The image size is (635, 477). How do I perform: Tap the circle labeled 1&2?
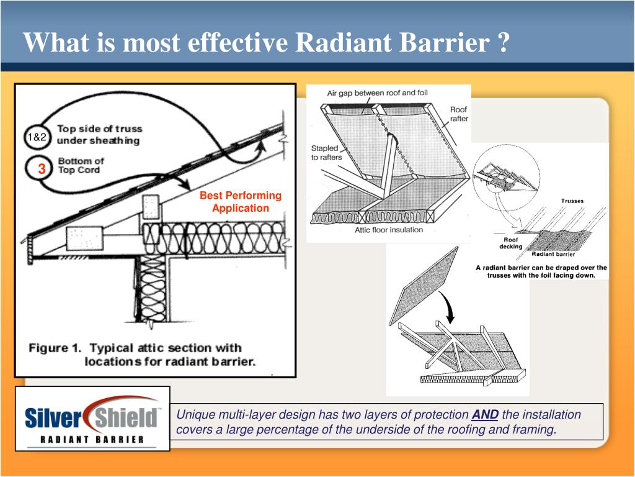37,137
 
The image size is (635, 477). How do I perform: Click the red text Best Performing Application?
241,202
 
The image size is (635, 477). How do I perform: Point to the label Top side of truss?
99,129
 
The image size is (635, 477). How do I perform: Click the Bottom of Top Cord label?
81,165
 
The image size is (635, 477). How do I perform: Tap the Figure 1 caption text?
141,355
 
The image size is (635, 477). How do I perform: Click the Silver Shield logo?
92,418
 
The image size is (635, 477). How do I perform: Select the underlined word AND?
485,415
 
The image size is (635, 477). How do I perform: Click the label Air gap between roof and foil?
377,93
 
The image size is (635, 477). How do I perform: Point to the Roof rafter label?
458,114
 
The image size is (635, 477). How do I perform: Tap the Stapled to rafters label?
326,153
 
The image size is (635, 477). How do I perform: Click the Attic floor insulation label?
389,230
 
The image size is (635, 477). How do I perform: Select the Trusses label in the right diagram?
572,201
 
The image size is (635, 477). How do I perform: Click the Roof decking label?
511,243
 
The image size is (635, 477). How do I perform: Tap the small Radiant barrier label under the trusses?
553,254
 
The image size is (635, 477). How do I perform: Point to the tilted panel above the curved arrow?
424,285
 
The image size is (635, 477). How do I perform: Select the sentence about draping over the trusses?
541,271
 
